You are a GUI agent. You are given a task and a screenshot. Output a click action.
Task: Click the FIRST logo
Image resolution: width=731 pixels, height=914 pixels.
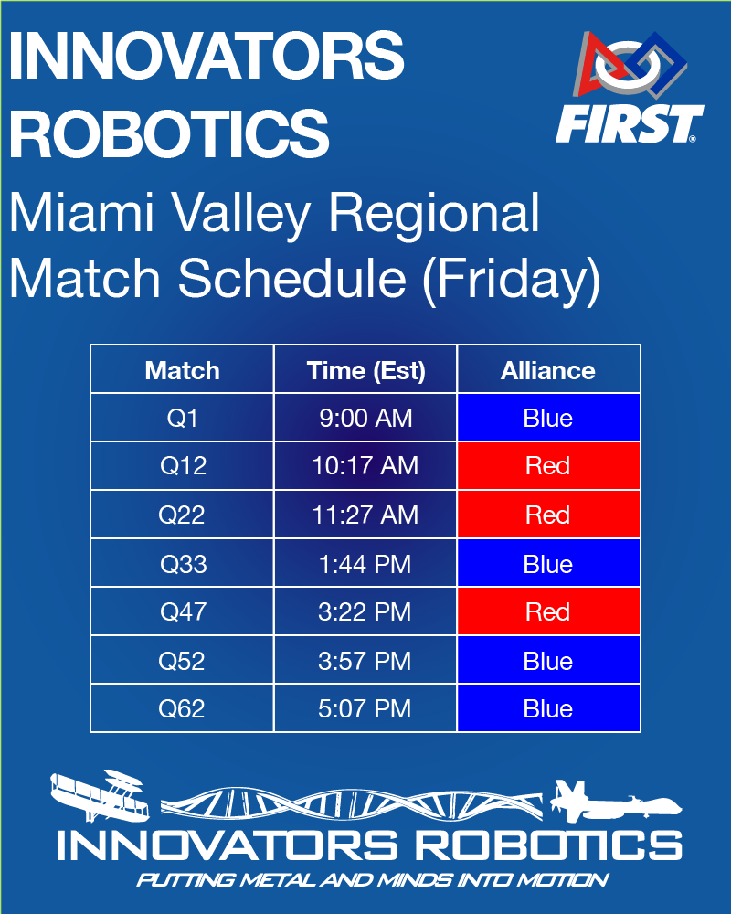tap(630, 89)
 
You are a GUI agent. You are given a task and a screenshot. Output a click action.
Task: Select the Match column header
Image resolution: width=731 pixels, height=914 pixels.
tap(182, 370)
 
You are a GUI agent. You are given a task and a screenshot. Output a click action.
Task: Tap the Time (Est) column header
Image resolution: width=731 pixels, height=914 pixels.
tap(365, 370)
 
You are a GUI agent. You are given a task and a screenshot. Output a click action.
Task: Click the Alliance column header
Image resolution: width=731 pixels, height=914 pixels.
tap(548, 370)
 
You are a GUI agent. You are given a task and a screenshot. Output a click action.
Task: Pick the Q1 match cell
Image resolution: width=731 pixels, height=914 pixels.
tap(182, 419)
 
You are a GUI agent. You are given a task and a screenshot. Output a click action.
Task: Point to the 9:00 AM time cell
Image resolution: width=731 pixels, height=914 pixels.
tap(365, 419)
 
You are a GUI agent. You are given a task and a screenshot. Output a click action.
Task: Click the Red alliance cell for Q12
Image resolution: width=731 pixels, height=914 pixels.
tap(548, 466)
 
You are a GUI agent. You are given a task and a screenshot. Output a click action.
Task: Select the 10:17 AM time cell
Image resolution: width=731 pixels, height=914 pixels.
tap(365, 466)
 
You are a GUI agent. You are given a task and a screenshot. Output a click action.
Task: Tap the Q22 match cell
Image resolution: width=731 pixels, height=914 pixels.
tap(182, 515)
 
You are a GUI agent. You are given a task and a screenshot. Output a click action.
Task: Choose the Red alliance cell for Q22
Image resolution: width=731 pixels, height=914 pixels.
tap(548, 515)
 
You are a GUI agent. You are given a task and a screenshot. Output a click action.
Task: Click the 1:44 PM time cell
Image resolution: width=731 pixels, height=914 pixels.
tap(365, 564)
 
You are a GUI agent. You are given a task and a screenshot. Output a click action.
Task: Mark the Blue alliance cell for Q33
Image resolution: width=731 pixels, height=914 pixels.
tap(548, 564)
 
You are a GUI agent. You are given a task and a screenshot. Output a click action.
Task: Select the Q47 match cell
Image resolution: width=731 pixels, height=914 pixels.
tap(182, 611)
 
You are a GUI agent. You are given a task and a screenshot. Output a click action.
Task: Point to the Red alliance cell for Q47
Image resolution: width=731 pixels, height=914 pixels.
tap(548, 611)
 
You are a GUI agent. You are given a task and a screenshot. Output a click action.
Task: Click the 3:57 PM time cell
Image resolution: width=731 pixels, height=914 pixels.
tap(365, 661)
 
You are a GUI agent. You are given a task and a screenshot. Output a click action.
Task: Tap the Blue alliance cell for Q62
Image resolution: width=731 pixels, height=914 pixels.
tap(548, 708)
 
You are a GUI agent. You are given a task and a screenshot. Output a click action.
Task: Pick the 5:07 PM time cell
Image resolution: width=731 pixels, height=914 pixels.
tap(365, 708)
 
